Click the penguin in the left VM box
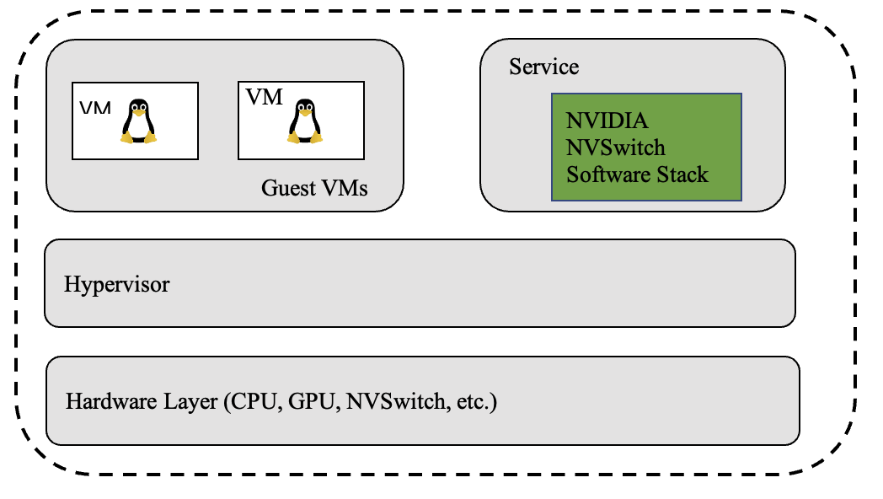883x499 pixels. tap(138, 121)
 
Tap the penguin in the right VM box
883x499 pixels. tap(305, 121)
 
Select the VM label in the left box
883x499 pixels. tap(95, 108)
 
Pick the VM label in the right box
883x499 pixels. tap(264, 97)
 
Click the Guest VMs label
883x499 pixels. tap(314, 188)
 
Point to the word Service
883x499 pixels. tap(544, 67)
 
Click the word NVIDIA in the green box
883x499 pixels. tap(607, 121)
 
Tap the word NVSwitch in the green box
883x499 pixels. tap(616, 148)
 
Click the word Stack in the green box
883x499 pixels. tap(682, 174)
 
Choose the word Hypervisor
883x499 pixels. tap(116, 284)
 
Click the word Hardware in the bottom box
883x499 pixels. tap(111, 401)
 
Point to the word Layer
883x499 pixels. tap(190, 402)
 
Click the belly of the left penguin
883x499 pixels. tap(138, 127)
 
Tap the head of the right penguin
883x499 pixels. tap(305, 107)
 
